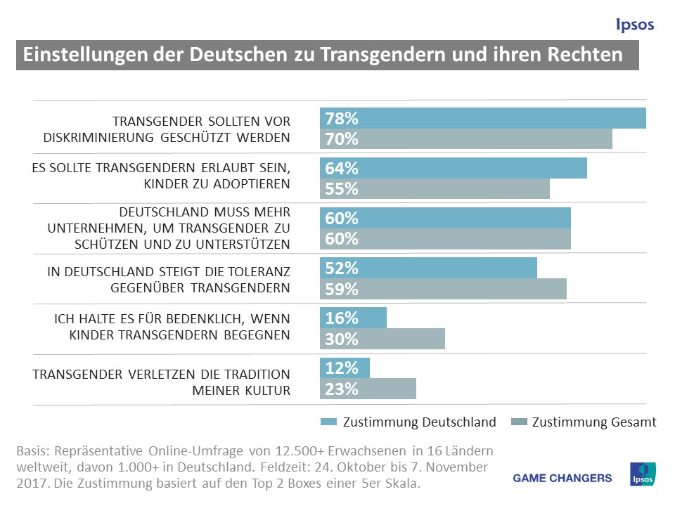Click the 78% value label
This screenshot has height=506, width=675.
coord(342,119)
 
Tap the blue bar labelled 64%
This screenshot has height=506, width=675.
coord(454,169)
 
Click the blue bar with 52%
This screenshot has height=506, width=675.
coord(428,268)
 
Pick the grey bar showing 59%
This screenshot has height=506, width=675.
coord(443,289)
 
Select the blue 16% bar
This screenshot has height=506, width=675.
coord(353,318)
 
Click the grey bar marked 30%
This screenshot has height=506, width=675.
coord(382,339)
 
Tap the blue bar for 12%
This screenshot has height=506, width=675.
coord(345,368)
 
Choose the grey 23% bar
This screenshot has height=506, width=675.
coord(368,389)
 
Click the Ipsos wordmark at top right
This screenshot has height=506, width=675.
coord(634,25)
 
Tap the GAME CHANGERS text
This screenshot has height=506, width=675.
coord(562,479)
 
